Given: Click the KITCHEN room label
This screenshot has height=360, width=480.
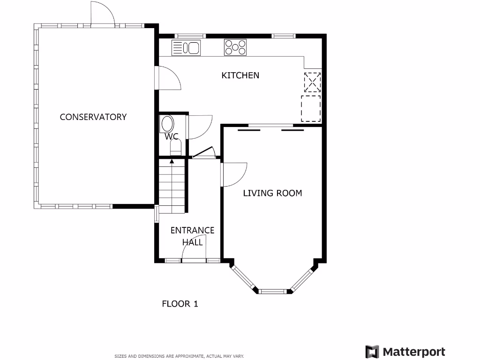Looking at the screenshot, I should pyautogui.click(x=240, y=75).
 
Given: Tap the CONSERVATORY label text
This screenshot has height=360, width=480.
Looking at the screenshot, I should pyautogui.click(x=93, y=117).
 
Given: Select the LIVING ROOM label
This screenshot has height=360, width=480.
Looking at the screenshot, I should pyautogui.click(x=272, y=193).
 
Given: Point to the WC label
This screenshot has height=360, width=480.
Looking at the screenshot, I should pyautogui.click(x=172, y=137).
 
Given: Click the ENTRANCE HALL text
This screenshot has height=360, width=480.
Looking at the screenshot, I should pyautogui.click(x=192, y=236).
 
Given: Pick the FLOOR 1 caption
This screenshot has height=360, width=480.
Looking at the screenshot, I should pyautogui.click(x=180, y=304).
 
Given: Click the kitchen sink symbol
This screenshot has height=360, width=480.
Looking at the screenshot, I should pyautogui.click(x=186, y=48).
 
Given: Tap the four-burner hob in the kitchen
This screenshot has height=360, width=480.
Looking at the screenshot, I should pyautogui.click(x=235, y=47).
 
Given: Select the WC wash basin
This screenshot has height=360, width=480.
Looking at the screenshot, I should pyautogui.click(x=167, y=125).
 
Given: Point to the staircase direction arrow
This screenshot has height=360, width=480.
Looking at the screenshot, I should pyautogui.click(x=172, y=162).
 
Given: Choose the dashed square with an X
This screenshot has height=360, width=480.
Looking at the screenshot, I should pyautogui.click(x=312, y=82).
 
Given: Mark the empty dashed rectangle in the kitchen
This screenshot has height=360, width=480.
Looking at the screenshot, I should pyautogui.click(x=310, y=108).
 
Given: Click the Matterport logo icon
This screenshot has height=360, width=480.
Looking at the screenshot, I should pyautogui.click(x=372, y=352).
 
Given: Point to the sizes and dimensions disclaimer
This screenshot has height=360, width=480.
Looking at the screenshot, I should pyautogui.click(x=180, y=356).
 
